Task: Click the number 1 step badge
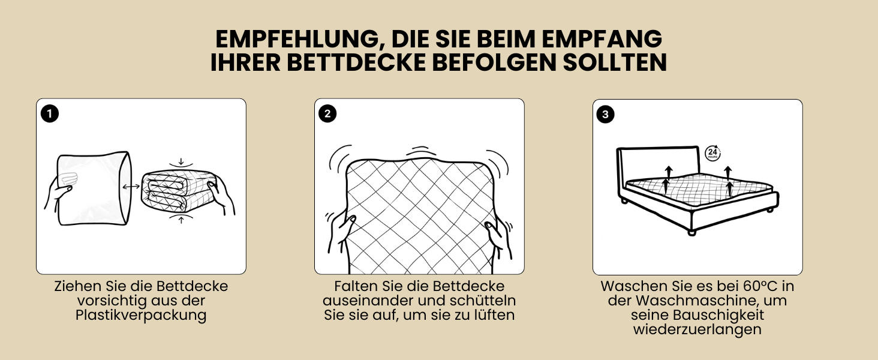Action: click(x=49, y=114)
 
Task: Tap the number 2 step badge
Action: click(x=327, y=114)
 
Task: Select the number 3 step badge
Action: click(x=605, y=114)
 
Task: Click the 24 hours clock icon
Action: click(x=712, y=153)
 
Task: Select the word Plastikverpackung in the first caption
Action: click(x=141, y=315)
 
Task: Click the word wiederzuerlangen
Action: click(x=697, y=329)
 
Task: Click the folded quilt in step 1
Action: click(x=178, y=191)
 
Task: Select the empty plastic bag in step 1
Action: click(x=94, y=188)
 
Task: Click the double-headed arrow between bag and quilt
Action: click(x=131, y=187)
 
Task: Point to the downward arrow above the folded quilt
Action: click(x=181, y=161)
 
